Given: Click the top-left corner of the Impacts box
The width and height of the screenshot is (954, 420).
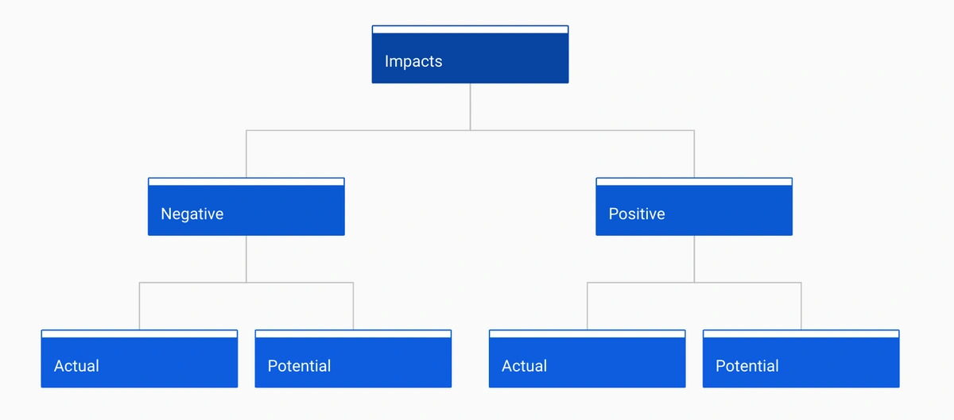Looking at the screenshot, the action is pos(372,25).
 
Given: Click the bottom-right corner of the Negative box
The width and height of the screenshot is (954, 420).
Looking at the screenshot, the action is pos(344,235).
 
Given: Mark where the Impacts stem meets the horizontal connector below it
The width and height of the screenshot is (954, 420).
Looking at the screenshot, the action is pos(470,130).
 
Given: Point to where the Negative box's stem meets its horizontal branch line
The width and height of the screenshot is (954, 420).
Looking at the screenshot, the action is pos(246,282).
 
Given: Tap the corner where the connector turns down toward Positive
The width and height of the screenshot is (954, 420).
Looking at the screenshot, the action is pos(694,130).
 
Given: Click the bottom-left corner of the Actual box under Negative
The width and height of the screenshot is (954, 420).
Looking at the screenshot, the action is pos(41,387).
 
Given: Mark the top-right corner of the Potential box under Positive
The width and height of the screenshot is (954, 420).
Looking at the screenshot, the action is pos(899,329).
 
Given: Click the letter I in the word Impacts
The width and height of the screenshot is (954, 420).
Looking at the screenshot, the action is pos(386,61).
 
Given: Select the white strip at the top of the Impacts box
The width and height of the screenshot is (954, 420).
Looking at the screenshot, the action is pos(470,30).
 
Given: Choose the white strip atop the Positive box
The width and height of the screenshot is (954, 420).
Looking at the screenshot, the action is pos(694,182).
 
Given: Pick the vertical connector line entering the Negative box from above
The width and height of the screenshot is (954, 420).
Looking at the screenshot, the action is pos(246,154).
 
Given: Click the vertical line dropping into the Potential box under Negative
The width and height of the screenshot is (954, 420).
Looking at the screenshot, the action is pos(353,306).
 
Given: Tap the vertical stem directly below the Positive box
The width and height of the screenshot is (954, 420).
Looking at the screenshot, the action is pos(694,259).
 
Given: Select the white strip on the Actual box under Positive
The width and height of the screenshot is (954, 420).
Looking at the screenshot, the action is pos(588,334).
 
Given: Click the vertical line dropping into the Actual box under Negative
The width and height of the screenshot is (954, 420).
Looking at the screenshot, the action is pos(139,306).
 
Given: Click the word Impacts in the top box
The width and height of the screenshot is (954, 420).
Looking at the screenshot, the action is pos(413,62).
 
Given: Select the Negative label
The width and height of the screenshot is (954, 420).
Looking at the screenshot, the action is pos(192,214).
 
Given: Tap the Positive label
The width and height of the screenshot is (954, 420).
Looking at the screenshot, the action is pos(637,214).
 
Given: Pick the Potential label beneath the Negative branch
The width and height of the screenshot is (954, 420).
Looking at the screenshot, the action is pos(300,366).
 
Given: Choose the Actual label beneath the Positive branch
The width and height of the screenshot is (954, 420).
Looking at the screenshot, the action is pos(524,366).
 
